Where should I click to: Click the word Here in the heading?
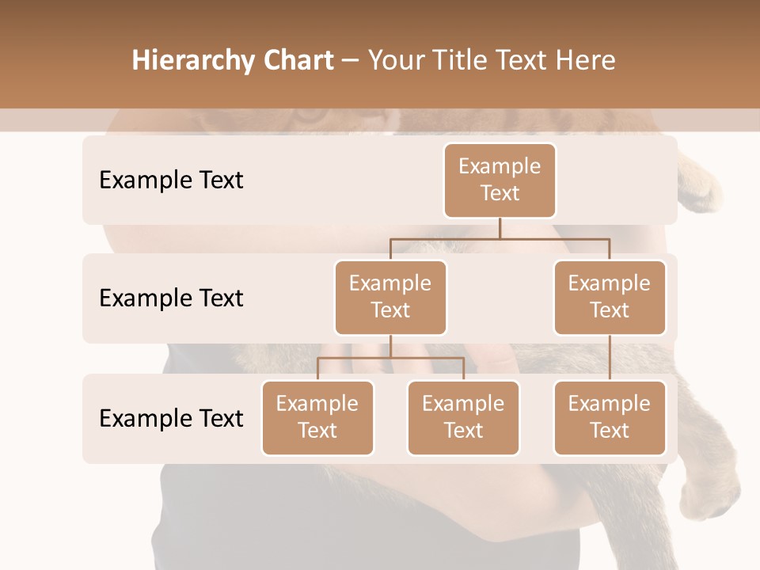click(587, 61)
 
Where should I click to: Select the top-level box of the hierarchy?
click(500, 180)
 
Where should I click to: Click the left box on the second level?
click(390, 297)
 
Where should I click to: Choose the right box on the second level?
click(610, 297)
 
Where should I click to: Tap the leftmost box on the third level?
click(317, 417)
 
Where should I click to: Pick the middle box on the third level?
click(463, 417)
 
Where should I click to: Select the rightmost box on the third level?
click(610, 417)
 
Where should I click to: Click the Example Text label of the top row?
click(171, 180)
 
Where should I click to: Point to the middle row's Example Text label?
click(171, 298)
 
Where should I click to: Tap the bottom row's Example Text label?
click(171, 418)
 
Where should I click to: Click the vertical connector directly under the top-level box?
click(500, 228)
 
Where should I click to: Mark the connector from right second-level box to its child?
click(610, 358)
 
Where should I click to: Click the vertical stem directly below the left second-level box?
click(390, 346)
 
